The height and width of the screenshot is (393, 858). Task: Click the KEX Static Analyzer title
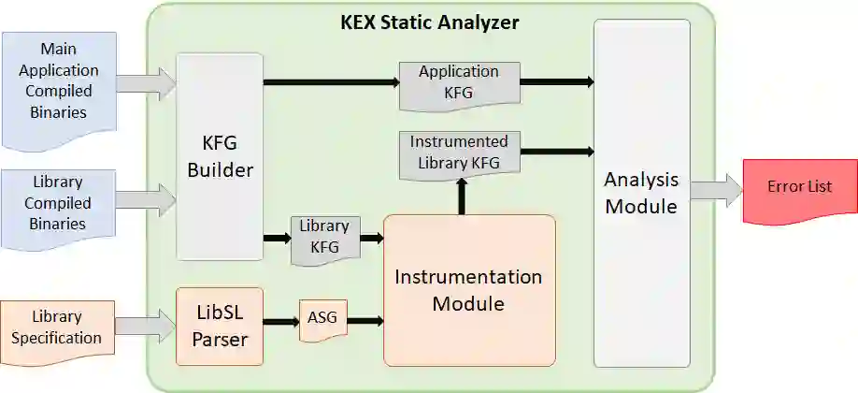429,22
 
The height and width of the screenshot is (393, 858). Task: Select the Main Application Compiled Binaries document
59,91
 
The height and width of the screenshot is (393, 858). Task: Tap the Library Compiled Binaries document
59,202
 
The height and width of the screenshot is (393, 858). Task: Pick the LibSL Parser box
219,326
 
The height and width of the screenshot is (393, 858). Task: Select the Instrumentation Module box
468,290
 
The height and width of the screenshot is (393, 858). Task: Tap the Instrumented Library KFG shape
459,153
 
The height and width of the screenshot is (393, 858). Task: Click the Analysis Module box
641,192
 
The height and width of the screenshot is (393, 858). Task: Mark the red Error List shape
799,189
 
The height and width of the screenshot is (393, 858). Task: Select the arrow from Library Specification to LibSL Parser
146,327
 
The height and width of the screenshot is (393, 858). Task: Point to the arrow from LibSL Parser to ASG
281,322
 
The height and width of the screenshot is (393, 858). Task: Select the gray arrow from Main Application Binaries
146,83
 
